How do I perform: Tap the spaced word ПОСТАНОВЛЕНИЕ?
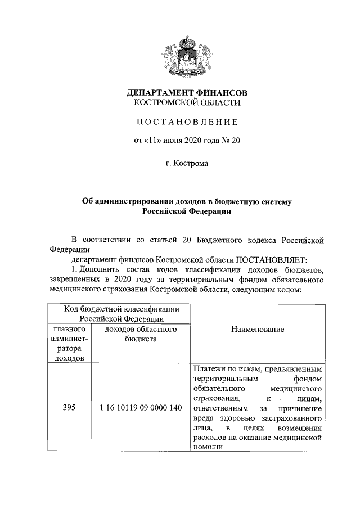(187, 122)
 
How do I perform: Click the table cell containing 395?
(69, 407)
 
